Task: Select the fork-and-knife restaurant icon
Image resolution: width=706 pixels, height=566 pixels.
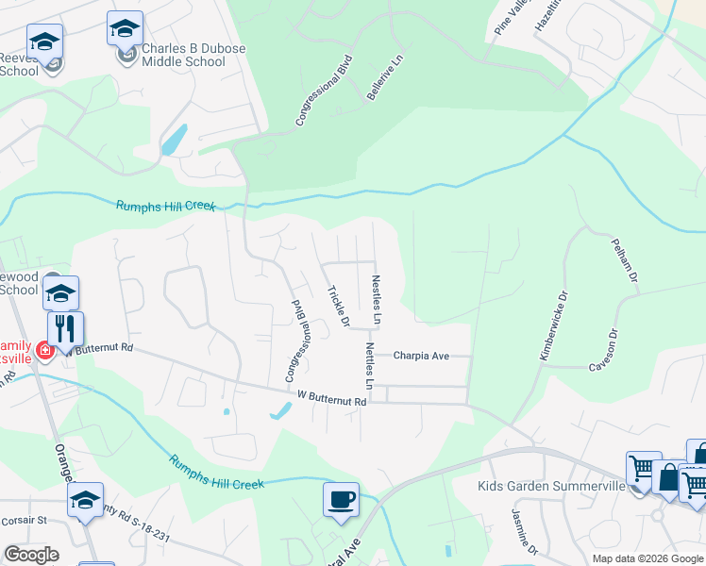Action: point(65,329)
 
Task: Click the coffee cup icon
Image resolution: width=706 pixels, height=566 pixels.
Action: point(341,499)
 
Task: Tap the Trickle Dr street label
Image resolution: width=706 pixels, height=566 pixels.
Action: point(338,307)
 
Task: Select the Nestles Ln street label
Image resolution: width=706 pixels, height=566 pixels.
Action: point(377,300)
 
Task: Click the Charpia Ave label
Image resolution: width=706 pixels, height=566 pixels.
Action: point(421,357)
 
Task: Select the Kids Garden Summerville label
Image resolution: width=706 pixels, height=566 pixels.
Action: point(551,486)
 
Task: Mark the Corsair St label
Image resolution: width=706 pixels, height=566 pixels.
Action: point(24,520)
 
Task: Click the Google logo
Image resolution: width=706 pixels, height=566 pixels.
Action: point(31,554)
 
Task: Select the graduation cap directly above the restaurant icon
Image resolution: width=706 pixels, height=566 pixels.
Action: point(60,293)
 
